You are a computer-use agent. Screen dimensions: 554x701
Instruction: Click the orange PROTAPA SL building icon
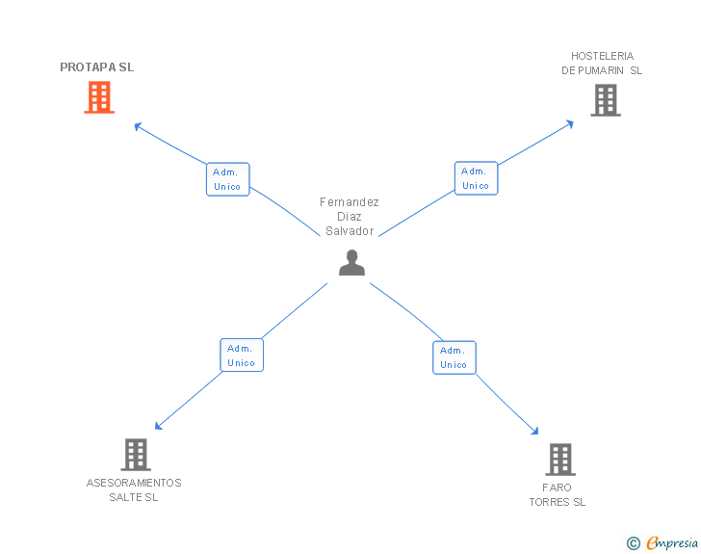coord(99,97)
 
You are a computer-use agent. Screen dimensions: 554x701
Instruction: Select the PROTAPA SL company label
coord(97,67)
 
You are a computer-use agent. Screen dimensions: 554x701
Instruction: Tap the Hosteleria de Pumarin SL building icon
coord(605,100)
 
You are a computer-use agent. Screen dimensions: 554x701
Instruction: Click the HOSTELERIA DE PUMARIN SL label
coord(602,64)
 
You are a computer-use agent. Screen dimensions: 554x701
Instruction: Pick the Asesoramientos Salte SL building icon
coord(136,454)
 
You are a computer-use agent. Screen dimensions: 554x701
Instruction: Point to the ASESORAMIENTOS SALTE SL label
coord(134,490)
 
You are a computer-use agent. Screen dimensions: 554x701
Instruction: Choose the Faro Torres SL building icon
coord(559,460)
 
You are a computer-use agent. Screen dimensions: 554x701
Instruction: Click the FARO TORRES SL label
coord(558,495)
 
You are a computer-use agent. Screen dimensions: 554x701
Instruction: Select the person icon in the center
coord(351,262)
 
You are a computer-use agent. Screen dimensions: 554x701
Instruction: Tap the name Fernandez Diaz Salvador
coord(350,217)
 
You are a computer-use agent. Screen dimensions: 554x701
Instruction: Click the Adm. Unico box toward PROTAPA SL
coord(228,179)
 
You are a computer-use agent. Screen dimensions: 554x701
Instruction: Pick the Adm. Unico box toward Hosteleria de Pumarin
coord(476,178)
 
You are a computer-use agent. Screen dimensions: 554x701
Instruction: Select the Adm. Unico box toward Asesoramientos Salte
coord(242,356)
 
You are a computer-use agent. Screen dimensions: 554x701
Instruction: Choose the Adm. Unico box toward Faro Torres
coord(454,357)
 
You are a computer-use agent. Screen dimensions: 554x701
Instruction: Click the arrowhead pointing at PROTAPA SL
coord(137,125)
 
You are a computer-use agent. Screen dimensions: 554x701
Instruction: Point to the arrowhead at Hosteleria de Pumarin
coord(571,123)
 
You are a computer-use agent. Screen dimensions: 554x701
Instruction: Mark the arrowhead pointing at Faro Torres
coord(535,433)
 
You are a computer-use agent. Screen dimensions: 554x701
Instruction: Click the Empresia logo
coord(672,543)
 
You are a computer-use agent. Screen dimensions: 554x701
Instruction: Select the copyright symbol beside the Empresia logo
coord(634,544)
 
